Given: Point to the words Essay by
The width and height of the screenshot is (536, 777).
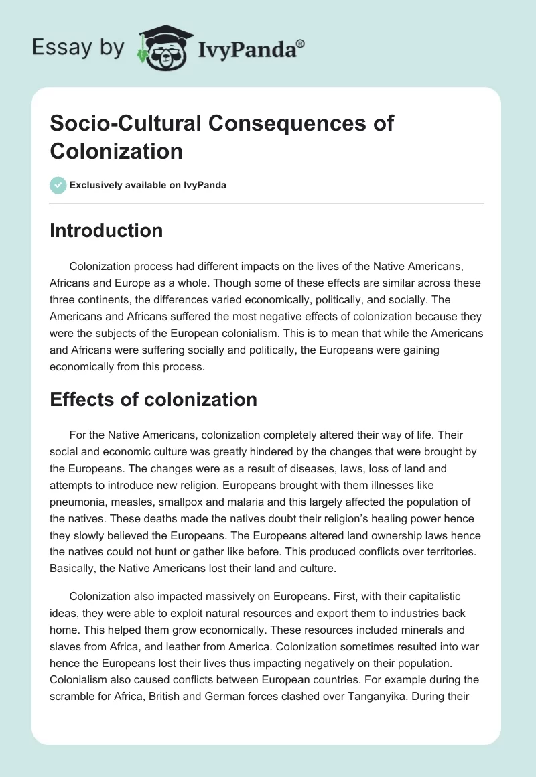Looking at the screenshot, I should [78, 48].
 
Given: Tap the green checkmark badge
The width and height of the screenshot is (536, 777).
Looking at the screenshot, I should [58, 185].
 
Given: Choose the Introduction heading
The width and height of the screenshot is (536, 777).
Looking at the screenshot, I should [107, 230].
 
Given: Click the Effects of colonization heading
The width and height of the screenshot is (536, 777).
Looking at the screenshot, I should [153, 400].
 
